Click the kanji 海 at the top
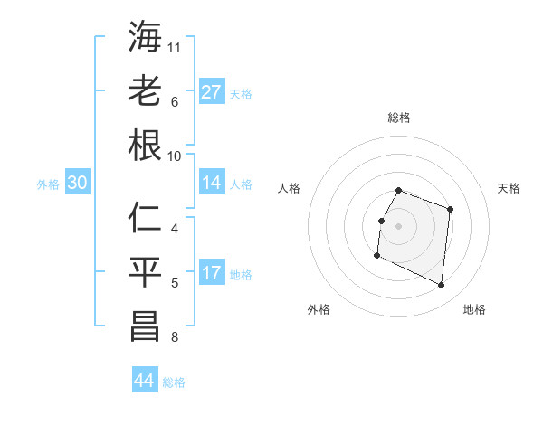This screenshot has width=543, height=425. coord(146,39)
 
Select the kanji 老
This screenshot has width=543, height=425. coord(146,91)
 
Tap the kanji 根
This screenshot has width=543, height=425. coord(146,146)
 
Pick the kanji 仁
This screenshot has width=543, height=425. coord(146,220)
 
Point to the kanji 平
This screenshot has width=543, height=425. coord(146,272)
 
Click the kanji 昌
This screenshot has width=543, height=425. coord(146,327)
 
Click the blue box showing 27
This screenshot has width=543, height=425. coord(212,92)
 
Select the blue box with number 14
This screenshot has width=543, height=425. coord(212,184)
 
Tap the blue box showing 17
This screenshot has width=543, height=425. coord(212,274)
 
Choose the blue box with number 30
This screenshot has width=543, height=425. coord(78,184)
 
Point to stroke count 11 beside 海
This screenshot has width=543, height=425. coord(175,46)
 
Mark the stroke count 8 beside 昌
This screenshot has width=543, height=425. coord(175,338)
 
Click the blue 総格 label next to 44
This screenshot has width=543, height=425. coord(175,382)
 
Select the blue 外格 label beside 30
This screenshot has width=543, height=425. coord(48,184)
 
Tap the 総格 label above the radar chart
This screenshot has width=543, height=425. coord(399,118)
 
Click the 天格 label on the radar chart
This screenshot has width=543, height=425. coord(509,188)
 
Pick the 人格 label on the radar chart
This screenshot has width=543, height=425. coord(290,188)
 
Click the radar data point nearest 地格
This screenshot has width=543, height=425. coord(442,286)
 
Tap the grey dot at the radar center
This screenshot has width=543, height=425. coord(399,226)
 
